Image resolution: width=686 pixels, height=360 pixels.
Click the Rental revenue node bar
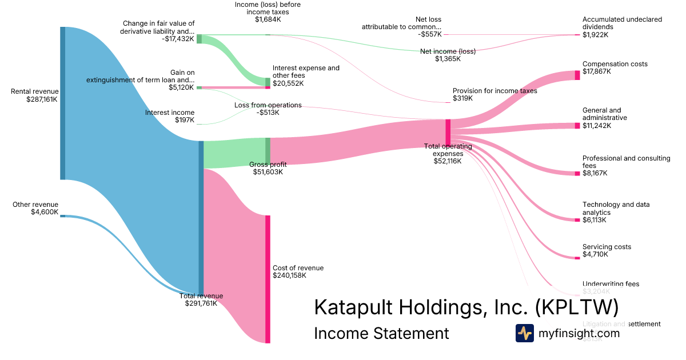pos(63,103)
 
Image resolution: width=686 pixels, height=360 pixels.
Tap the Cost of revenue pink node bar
pos(268,279)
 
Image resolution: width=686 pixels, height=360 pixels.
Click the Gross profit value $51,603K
pos(268,172)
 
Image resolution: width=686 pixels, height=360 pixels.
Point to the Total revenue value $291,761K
pos(201,303)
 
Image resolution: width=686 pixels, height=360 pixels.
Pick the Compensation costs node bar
pos(577,75)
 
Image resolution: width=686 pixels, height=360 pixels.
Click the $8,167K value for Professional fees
pos(595,173)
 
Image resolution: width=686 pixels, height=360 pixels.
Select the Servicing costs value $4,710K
pos(595,254)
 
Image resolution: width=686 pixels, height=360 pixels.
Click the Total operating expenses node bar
pos(448,132)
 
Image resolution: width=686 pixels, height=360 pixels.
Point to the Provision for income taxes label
pos(494,91)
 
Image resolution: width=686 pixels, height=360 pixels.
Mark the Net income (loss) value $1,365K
pos(448,58)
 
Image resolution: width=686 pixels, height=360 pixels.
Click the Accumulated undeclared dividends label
pos(614,23)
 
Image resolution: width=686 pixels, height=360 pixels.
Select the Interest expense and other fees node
pos(268,82)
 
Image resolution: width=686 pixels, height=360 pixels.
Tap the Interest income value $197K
pos(184,121)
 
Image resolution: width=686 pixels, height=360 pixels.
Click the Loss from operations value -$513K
pos(268,113)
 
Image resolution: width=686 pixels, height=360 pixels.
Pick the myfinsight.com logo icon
pos(524,333)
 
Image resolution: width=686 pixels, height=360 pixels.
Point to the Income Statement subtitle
pos(381,333)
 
